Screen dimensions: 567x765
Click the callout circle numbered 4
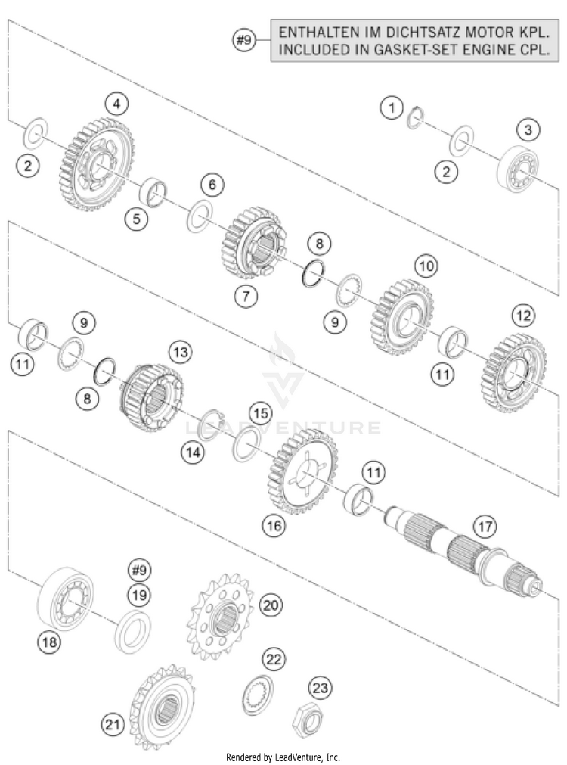click(x=116, y=104)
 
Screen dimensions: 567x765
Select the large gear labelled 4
click(x=98, y=164)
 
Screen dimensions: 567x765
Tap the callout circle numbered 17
click(x=485, y=527)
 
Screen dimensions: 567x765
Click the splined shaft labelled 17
click(x=464, y=552)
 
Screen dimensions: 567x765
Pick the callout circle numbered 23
click(x=320, y=689)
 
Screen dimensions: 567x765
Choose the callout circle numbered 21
click(x=113, y=725)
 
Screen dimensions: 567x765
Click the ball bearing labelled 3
click(x=517, y=169)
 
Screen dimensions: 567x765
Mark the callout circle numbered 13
click(x=181, y=352)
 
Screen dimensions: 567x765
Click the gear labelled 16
click(x=302, y=471)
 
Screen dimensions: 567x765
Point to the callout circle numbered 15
click(x=260, y=414)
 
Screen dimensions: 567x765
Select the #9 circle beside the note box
click(x=243, y=40)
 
